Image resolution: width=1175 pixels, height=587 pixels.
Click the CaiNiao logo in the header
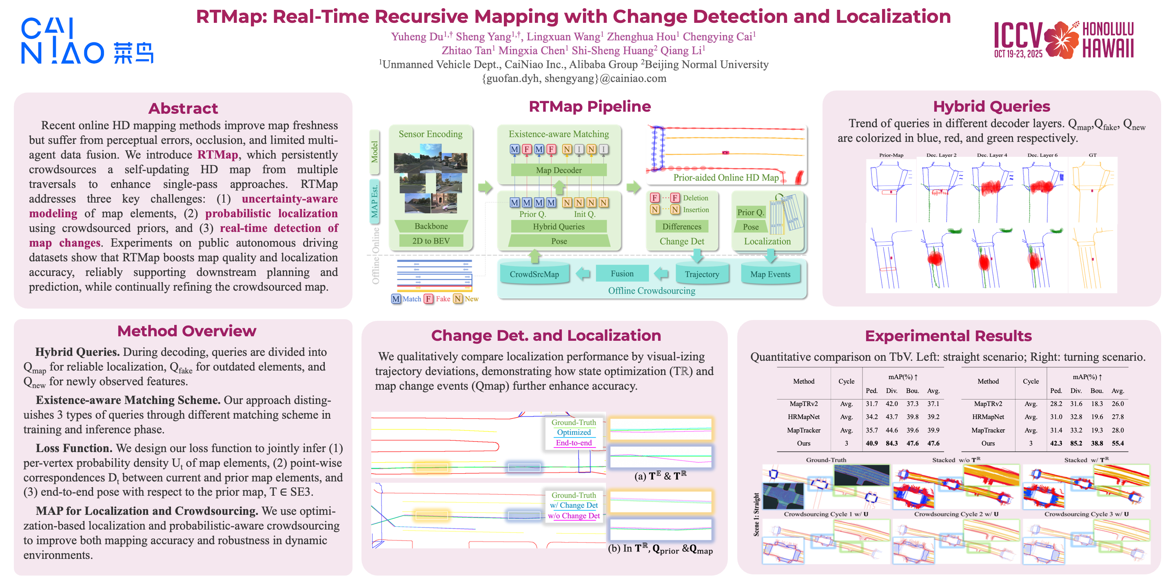point(86,41)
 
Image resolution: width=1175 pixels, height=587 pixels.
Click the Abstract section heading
point(183,108)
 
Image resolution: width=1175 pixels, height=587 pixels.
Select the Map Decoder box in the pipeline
point(559,170)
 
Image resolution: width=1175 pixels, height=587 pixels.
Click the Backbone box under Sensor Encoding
point(431,226)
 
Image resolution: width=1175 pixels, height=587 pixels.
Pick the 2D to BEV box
point(431,241)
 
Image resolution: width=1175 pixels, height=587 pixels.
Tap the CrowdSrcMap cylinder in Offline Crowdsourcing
point(534,274)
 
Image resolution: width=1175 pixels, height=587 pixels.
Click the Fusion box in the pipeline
point(622,274)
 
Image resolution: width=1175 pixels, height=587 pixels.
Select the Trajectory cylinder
point(702,274)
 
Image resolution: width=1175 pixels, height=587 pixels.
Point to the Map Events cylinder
point(770,274)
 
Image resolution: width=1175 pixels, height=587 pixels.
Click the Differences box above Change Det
point(681,227)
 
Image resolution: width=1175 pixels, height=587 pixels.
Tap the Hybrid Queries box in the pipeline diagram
point(559,227)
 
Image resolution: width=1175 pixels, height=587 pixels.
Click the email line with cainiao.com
point(574,78)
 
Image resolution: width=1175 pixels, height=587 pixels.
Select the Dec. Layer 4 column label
point(992,155)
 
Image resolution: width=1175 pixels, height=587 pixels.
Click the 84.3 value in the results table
point(892,443)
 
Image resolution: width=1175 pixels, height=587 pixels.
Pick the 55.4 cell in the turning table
point(1117,443)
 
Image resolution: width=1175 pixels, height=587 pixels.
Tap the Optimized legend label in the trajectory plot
point(574,432)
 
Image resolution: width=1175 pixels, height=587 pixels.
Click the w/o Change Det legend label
point(574,515)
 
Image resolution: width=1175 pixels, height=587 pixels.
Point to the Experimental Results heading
point(948,336)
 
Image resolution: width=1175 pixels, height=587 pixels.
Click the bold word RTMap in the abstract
point(217,154)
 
